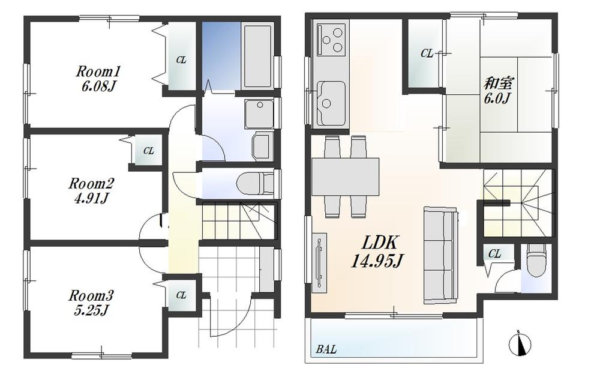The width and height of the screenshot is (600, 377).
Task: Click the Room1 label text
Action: coord(94,70)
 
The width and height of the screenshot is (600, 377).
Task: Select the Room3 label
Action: coord(91,296)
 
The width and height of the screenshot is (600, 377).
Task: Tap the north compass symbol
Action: coord(520,344)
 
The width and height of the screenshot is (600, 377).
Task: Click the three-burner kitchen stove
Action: coord(329,39)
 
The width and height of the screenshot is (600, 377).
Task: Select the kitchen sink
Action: coord(329,98)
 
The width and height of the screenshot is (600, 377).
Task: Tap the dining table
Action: coord(346,177)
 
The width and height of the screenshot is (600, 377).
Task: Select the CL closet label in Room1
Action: coord(181,60)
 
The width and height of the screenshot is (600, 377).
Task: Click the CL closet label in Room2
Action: coord(149,151)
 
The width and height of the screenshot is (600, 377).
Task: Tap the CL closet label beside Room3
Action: coord(181,295)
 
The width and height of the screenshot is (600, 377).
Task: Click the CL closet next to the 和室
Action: coord(427,54)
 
